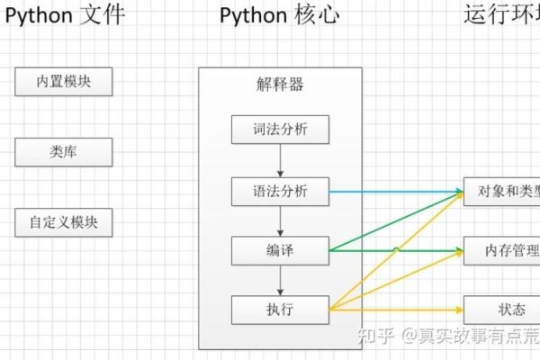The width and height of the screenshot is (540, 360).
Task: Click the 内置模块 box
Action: (x=63, y=82)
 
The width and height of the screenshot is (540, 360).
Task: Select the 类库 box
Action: (x=63, y=152)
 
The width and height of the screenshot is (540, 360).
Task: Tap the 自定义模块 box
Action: (x=63, y=221)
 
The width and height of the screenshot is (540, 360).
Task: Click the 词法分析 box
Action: (x=281, y=130)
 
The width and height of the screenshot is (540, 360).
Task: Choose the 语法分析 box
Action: (x=281, y=191)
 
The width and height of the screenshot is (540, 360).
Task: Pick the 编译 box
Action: (x=281, y=249)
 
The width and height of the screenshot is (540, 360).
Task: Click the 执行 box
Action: (x=281, y=310)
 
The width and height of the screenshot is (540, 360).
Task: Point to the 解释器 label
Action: (x=280, y=86)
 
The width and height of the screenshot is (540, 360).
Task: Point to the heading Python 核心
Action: (x=280, y=15)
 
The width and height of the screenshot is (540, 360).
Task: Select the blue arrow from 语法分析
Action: (x=396, y=192)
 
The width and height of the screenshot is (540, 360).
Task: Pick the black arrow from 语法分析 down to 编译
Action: (x=281, y=220)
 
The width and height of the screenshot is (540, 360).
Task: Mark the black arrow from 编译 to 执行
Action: (x=281, y=280)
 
